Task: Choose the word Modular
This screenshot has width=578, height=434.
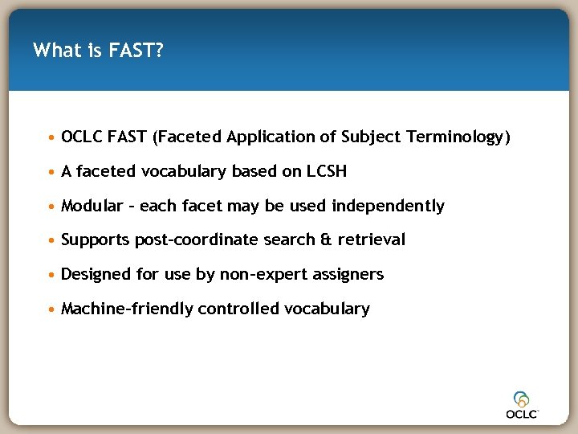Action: [x=92, y=206]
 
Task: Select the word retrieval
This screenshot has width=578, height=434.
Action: [x=371, y=240]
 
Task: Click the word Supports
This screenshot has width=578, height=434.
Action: [x=96, y=240]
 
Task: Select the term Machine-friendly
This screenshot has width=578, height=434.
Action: [x=127, y=309]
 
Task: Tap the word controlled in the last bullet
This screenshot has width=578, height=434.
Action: [x=238, y=309]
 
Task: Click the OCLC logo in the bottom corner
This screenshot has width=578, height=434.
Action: [x=522, y=404]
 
